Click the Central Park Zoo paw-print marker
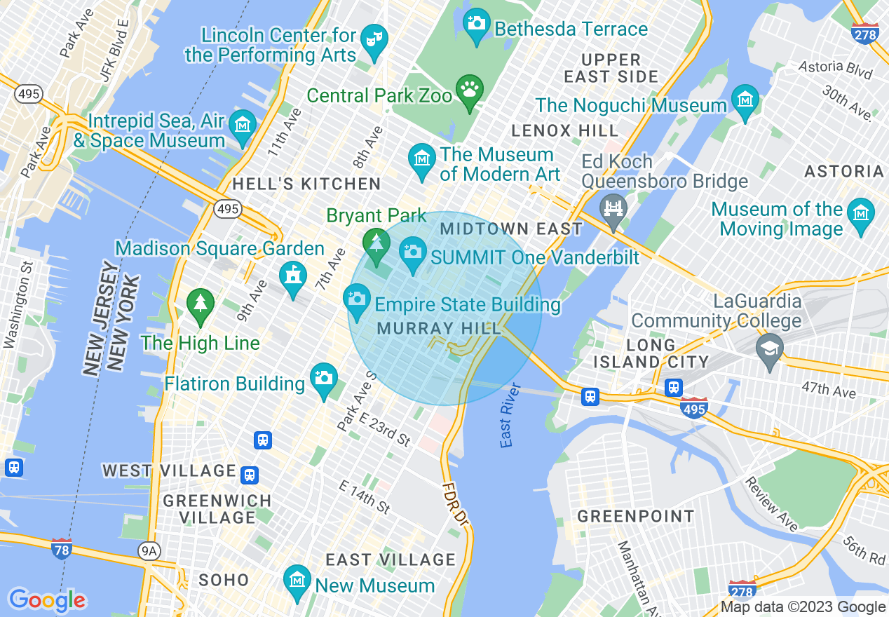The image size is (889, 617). click(x=470, y=90)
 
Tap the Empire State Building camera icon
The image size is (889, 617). click(x=357, y=299)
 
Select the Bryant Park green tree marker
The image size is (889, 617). click(x=376, y=243)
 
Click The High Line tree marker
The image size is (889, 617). click(x=201, y=303)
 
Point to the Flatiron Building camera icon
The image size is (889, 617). click(x=323, y=378)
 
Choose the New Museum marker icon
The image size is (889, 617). click(x=297, y=580)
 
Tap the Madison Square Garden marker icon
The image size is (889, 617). click(x=293, y=275)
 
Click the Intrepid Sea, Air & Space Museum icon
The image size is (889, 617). click(x=243, y=125)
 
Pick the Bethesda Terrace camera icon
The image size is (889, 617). click(x=477, y=22)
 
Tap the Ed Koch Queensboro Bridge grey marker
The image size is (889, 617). click(x=614, y=208)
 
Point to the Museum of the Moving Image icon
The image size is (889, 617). click(x=860, y=212)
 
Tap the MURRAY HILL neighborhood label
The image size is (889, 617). click(x=439, y=328)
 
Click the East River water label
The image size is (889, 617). click(x=510, y=415)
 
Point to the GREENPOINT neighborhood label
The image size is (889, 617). click(x=636, y=517)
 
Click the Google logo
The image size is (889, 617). click(x=47, y=600)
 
